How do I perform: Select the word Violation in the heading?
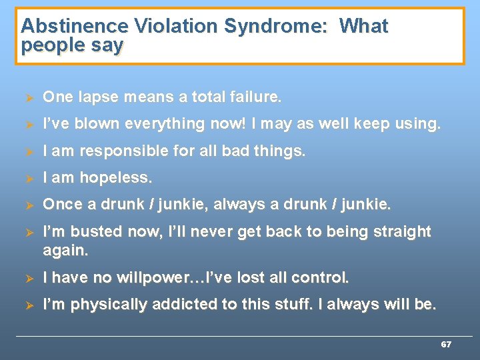pyautogui.click(x=176, y=27)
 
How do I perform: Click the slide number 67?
pyautogui.click(x=446, y=345)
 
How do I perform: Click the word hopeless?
pyautogui.click(x=116, y=178)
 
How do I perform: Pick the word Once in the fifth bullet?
pyautogui.click(x=61, y=205)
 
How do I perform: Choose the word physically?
pyautogui.click(x=110, y=305)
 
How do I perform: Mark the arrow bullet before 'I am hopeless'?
pyautogui.click(x=28, y=178)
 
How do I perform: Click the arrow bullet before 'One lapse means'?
pyautogui.click(x=28, y=97)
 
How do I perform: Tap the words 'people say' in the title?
pyautogui.click(x=72, y=45)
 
